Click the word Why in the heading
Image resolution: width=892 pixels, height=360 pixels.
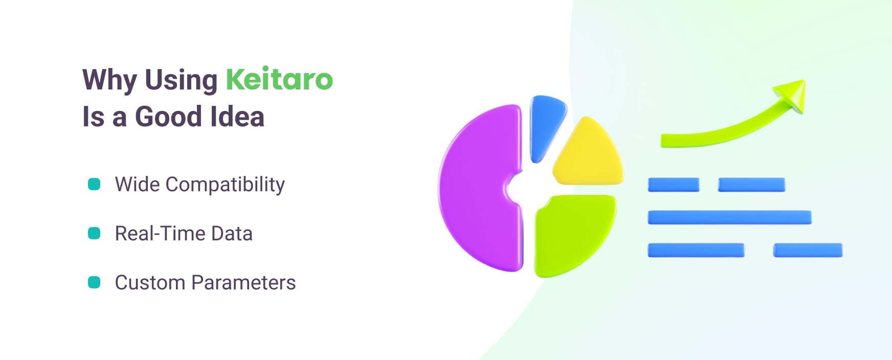point(109,80)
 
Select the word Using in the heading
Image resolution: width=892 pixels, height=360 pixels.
point(181,80)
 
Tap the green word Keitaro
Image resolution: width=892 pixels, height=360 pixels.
point(279,79)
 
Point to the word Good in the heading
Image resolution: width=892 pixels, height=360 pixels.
point(168,117)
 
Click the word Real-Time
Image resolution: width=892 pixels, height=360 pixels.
point(160,234)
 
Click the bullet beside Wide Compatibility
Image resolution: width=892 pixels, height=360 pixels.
point(94,184)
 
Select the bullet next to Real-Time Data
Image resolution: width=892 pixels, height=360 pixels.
point(94,233)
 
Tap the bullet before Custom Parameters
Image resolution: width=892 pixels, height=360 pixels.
point(94,282)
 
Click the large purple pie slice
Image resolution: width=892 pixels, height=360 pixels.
point(476,189)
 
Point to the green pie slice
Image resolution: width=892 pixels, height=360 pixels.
point(570,233)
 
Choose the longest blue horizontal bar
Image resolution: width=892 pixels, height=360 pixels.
point(729,217)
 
